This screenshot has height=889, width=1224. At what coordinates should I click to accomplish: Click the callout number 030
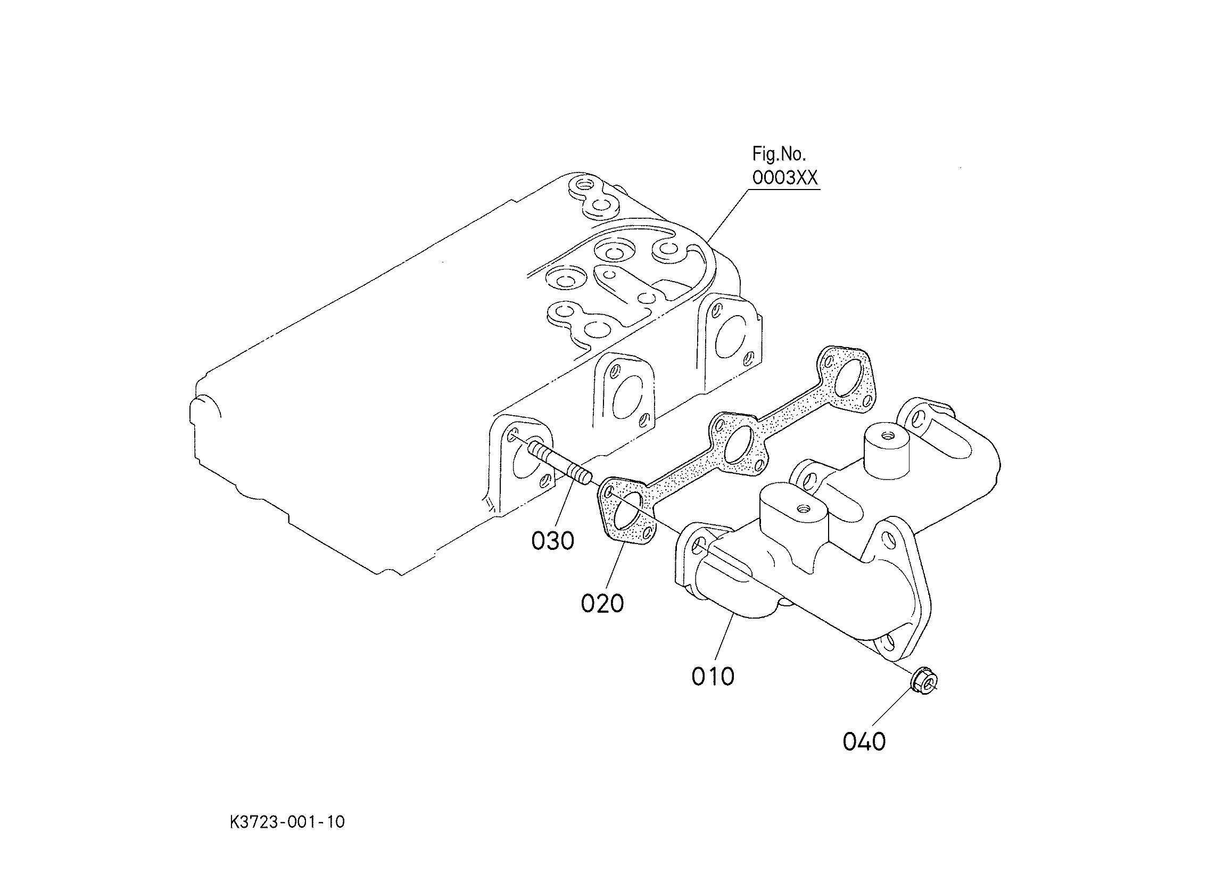pyautogui.click(x=552, y=540)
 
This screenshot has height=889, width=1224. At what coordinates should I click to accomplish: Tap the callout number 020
pyautogui.click(x=602, y=603)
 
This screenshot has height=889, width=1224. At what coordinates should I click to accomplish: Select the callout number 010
pyautogui.click(x=713, y=676)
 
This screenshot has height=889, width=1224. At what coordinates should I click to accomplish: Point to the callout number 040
pyautogui.click(x=864, y=742)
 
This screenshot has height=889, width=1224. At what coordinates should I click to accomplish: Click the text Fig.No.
pyautogui.click(x=779, y=154)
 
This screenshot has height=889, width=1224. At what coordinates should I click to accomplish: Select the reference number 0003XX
pyautogui.click(x=785, y=178)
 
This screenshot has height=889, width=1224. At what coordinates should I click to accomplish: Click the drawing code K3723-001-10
pyautogui.click(x=287, y=822)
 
